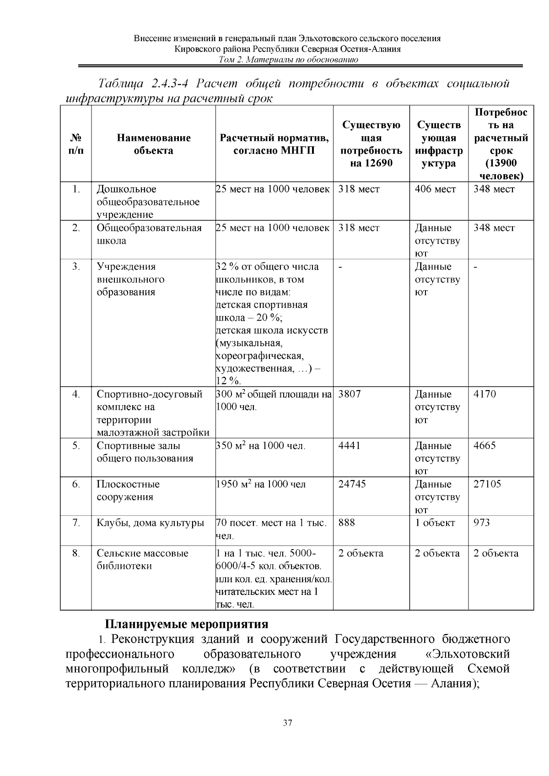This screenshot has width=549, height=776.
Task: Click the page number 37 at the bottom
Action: pos(287,723)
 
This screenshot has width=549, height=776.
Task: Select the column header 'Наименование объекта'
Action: pos(153,144)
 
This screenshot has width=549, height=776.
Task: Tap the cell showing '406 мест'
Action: pos(435,189)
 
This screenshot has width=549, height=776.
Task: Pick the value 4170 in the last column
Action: pos(484,394)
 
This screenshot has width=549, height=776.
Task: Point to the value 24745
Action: pos(352,484)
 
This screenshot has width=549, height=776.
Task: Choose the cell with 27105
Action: pos(487,484)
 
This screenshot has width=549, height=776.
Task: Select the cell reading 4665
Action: pos(484,446)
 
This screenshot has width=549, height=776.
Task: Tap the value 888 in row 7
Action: pos(347,523)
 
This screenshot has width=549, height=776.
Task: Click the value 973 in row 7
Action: pos(481,523)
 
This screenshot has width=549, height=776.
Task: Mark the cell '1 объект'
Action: pos(435,523)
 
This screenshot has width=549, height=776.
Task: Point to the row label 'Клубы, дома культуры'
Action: pos(150,523)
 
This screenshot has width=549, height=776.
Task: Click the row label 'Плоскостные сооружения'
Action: pos(128,491)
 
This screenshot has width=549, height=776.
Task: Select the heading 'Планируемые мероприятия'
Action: pos(187,624)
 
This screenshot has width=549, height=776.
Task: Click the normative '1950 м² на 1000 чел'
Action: pos(260,484)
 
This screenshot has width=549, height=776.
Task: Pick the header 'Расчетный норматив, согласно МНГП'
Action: pos(274,144)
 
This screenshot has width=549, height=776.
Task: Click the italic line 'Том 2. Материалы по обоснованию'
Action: pos(288,60)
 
